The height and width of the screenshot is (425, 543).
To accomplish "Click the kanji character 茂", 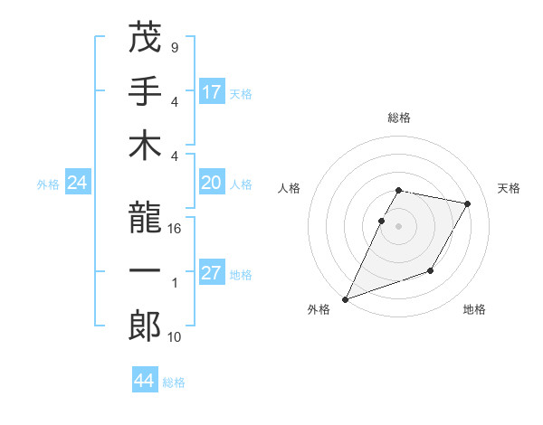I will point(145,38).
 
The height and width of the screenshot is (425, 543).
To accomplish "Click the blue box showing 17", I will point(212,92).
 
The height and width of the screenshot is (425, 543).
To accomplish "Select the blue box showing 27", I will point(212,274).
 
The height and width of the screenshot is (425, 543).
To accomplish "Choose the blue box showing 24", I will point(78,184).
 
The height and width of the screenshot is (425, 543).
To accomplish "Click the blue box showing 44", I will point(145,382).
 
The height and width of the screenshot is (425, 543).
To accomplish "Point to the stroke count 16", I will point(176,229).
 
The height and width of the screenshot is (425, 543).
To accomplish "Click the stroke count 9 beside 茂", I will point(174,46).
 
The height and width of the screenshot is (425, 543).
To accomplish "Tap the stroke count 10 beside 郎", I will point(176,337).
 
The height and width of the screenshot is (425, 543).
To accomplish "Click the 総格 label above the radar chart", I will point(399,118).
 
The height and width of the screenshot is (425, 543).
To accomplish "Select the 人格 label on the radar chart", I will point(290,188).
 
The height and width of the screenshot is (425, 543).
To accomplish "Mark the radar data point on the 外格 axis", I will point(345,298).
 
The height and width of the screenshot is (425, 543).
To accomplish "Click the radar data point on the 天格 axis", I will point(468,204).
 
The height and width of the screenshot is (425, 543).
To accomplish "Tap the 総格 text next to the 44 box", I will point(174,382).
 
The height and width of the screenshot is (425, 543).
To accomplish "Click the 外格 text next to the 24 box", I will point(48,184).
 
